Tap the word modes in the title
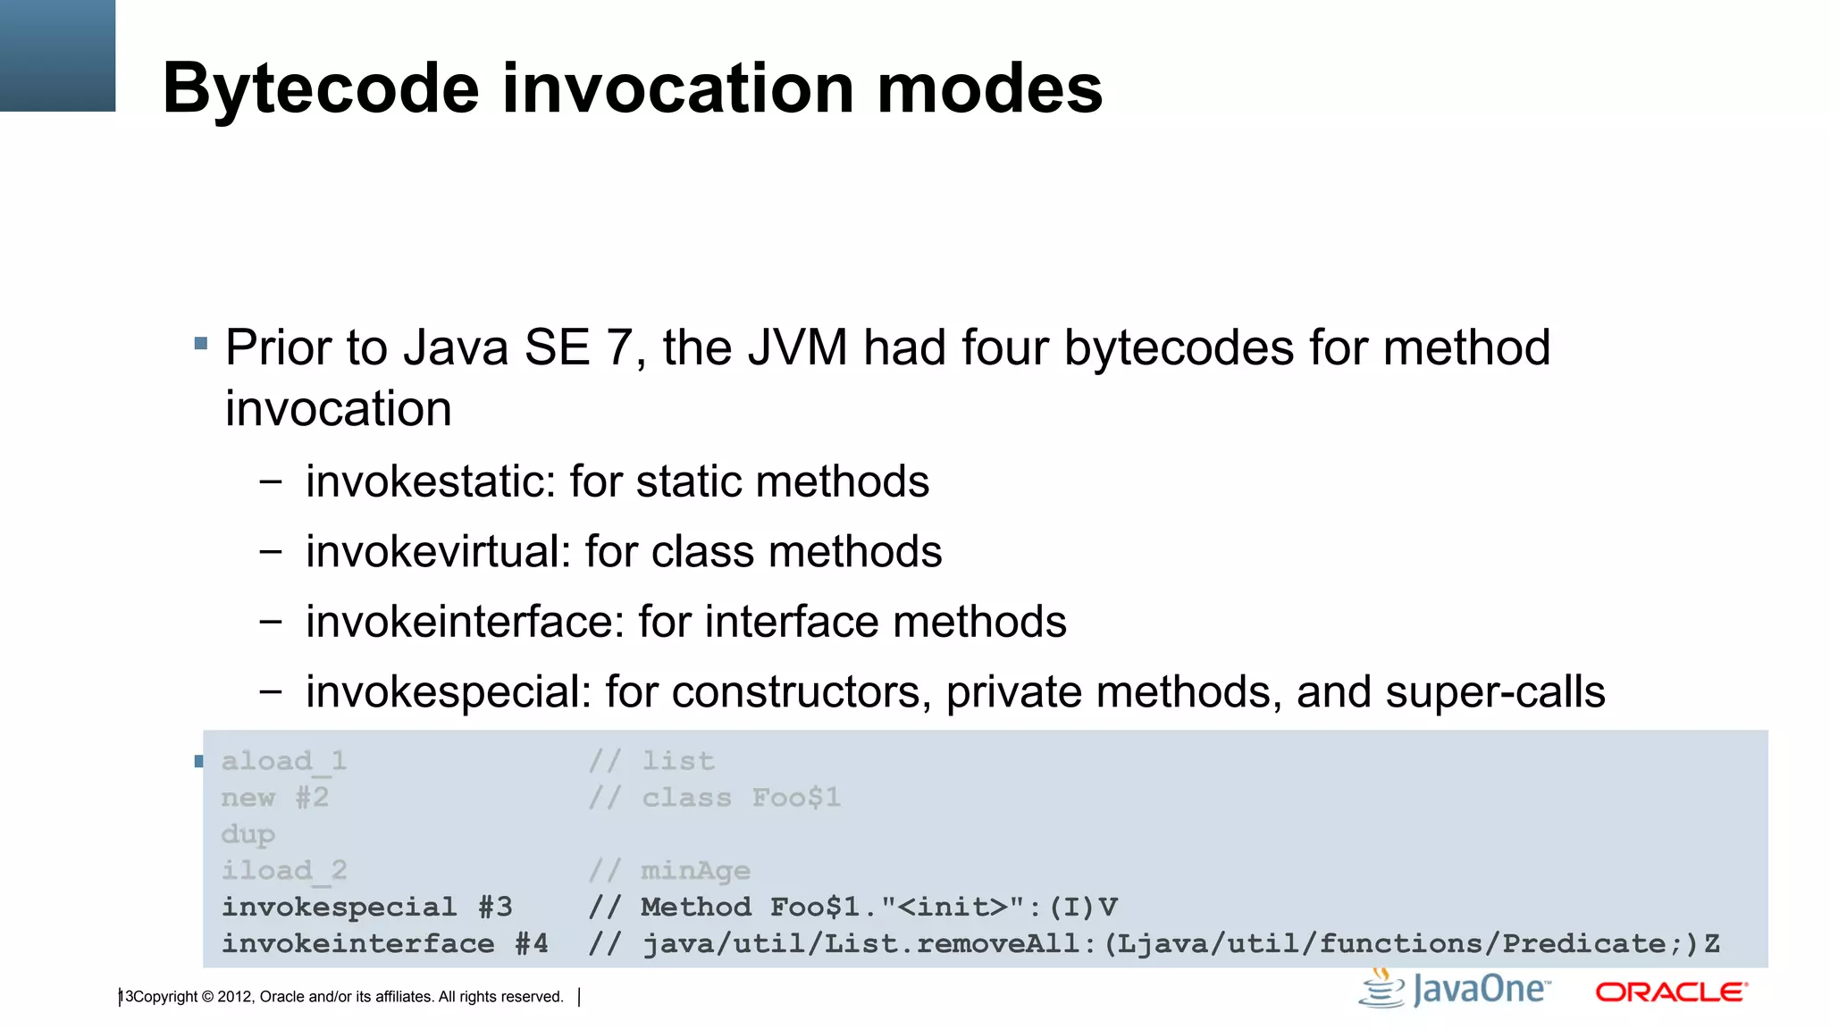coord(990,89)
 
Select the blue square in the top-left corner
coord(57,55)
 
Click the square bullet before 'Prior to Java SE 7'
coord(201,343)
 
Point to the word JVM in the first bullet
coord(797,347)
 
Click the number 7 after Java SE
coord(620,347)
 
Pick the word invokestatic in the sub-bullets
coord(424,481)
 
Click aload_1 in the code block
coord(283,761)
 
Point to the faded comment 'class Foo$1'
coord(741,798)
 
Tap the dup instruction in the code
coord(248,834)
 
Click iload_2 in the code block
coord(283,871)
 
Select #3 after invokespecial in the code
coord(495,908)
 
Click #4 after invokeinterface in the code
coord(532,944)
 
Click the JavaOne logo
coord(1455,990)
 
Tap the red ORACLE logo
coord(1671,992)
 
